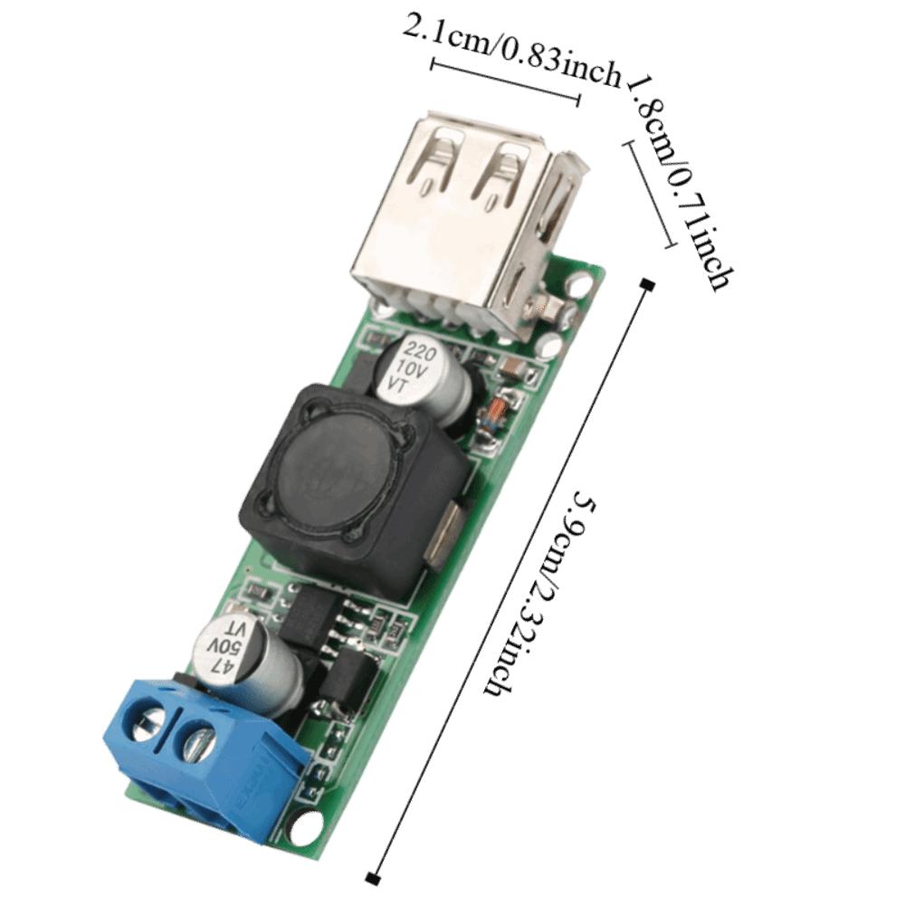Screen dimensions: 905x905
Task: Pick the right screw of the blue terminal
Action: tap(197, 744)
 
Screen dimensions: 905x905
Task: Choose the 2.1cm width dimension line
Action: tap(505, 82)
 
